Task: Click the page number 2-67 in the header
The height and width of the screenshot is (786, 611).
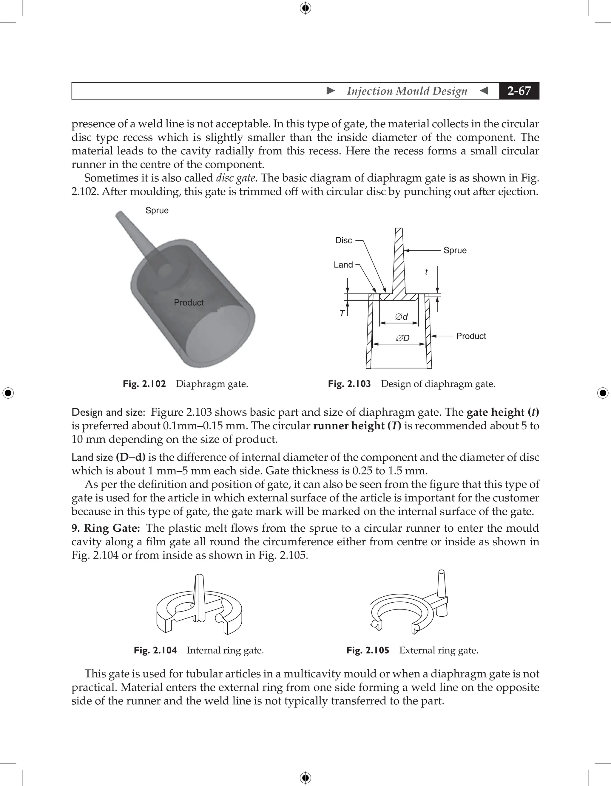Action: click(519, 91)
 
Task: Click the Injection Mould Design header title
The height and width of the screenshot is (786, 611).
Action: click(407, 91)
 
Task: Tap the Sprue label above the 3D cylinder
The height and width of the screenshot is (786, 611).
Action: click(157, 211)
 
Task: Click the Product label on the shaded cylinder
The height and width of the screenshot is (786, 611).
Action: click(189, 303)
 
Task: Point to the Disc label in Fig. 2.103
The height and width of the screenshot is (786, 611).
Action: click(343, 240)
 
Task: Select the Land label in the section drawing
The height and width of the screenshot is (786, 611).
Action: click(343, 265)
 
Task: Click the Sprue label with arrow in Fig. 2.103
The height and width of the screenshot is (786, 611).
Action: click(455, 250)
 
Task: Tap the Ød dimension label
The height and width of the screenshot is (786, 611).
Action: click(402, 317)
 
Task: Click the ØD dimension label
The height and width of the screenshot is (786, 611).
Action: click(402, 338)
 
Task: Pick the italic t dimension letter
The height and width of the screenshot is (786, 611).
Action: click(426, 272)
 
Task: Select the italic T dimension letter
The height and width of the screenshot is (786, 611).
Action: click(342, 313)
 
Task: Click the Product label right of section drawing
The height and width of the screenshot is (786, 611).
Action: click(471, 336)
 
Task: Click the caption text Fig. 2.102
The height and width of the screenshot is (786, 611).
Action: click(144, 384)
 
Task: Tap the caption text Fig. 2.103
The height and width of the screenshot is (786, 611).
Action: click(349, 384)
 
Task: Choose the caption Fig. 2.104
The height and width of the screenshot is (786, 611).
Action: click(155, 651)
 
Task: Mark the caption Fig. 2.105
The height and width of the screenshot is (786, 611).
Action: click(368, 651)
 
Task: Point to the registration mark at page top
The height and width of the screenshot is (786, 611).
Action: click(305, 8)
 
